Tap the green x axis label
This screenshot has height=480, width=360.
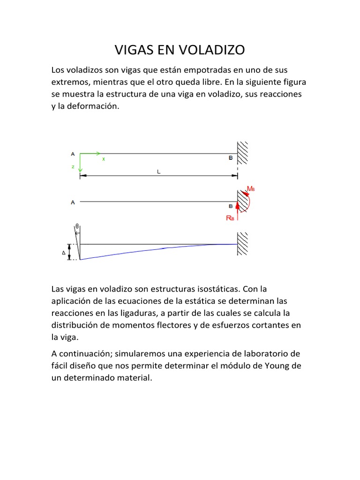pos(104,159)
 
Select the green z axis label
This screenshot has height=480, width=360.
pos(73,166)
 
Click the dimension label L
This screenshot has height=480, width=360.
pos(158,172)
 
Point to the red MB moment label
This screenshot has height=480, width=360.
pos(251,189)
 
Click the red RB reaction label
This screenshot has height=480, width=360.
pos(230,218)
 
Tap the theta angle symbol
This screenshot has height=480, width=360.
pos(77,226)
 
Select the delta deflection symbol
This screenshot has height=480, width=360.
pos(64,253)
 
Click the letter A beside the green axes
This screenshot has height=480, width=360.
pos(73,153)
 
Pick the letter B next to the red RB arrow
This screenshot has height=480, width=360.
pos(230,206)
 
